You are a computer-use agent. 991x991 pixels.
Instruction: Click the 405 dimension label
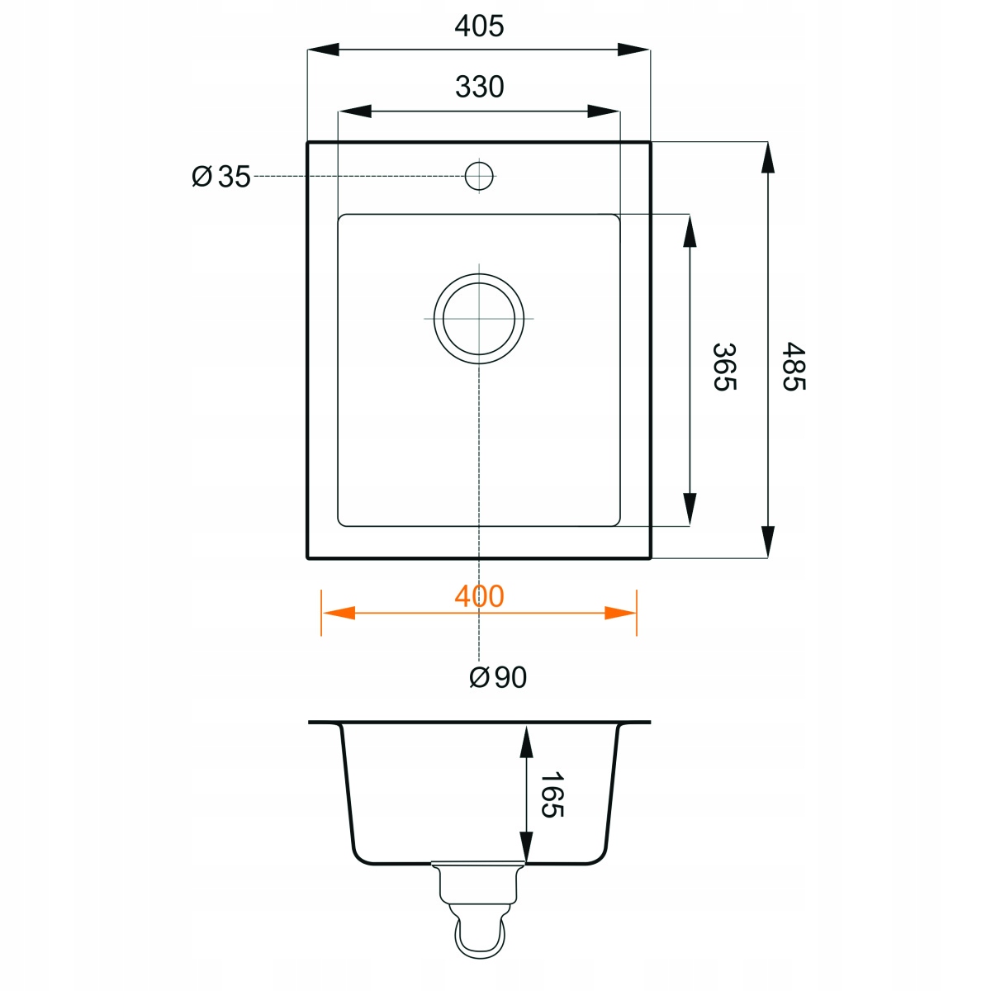[x=479, y=26]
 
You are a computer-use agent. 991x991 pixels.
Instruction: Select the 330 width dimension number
[x=479, y=87]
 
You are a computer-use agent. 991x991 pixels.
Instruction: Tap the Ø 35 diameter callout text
[x=221, y=177]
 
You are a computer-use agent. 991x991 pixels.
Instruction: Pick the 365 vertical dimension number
[x=724, y=367]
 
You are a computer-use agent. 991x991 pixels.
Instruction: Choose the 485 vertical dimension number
[x=794, y=367]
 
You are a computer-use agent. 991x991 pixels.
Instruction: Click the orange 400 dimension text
[x=479, y=596]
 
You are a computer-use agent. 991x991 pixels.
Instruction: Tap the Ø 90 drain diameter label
[x=498, y=677]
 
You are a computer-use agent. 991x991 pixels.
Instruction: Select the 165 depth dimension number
[x=552, y=794]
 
